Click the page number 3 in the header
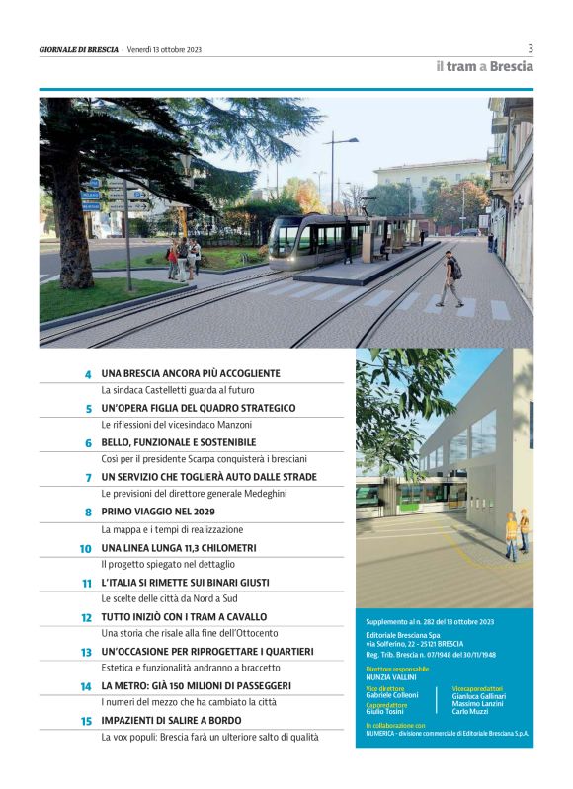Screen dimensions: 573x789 (531, 47)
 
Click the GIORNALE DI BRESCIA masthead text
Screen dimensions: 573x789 (79, 48)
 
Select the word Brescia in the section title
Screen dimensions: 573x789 (512, 67)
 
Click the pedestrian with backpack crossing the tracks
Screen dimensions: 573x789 (450, 277)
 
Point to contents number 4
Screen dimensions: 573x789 (87, 374)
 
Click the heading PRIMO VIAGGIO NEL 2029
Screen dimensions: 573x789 (158, 512)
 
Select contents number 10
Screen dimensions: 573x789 (85, 548)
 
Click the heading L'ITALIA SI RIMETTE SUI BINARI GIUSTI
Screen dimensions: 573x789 (185, 583)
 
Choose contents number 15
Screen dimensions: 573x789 (86, 721)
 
